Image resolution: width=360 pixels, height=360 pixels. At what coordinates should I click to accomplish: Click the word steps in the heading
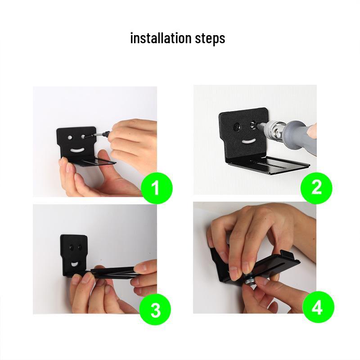pyautogui.click(x=210, y=39)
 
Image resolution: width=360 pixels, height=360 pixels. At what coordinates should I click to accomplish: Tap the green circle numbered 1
pyautogui.click(x=156, y=188)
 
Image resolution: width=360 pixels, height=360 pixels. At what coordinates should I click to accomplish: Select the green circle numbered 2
pyautogui.click(x=316, y=187)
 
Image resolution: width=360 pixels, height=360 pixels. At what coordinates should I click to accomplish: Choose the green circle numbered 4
pyautogui.click(x=318, y=308)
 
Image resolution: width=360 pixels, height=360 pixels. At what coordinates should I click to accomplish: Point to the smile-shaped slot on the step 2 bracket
pyautogui.click(x=247, y=142)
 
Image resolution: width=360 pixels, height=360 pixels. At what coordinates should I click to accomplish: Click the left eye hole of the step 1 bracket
pyautogui.click(x=71, y=136)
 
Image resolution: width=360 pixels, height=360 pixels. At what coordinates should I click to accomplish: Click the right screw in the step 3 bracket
pyautogui.click(x=80, y=247)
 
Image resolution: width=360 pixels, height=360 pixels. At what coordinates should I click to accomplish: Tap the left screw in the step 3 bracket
pyautogui.click(x=71, y=247)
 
